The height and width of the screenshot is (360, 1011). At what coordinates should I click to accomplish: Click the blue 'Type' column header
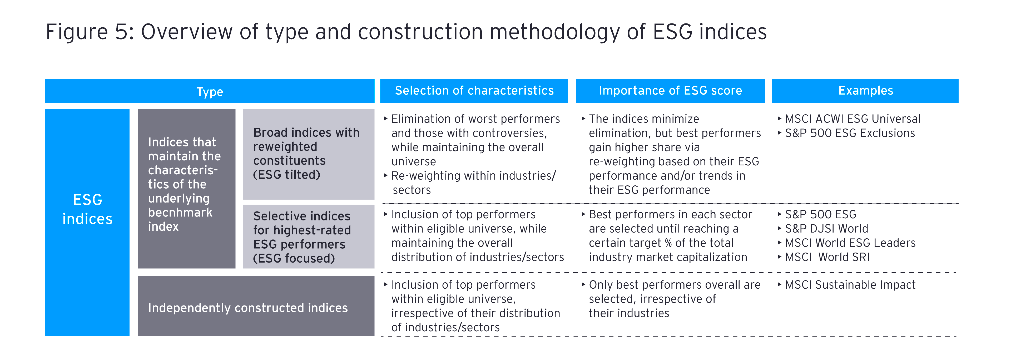(x=210, y=91)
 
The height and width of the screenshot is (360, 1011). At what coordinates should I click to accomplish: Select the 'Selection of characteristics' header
(x=474, y=91)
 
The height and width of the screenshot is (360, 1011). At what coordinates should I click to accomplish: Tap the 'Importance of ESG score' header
(x=670, y=91)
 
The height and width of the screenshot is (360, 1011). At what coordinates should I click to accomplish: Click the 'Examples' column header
(x=865, y=91)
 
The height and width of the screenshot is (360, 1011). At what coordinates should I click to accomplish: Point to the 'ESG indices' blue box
(x=87, y=222)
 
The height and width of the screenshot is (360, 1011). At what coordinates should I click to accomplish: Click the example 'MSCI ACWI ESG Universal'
(x=853, y=119)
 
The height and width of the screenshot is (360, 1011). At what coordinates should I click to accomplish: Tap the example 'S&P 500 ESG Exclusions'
(x=850, y=133)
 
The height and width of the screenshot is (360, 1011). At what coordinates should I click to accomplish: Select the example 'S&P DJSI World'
(x=826, y=229)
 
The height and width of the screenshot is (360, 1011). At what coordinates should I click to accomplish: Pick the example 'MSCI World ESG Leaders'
(x=850, y=243)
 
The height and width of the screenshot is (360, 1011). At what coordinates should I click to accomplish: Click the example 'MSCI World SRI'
(x=827, y=257)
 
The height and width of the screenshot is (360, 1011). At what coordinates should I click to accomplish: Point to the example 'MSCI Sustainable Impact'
(x=850, y=285)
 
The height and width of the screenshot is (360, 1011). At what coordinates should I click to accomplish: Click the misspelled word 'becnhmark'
(x=180, y=212)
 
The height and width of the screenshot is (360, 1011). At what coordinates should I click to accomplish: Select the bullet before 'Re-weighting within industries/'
(x=386, y=175)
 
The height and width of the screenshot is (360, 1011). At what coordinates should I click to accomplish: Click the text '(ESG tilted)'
(x=286, y=175)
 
